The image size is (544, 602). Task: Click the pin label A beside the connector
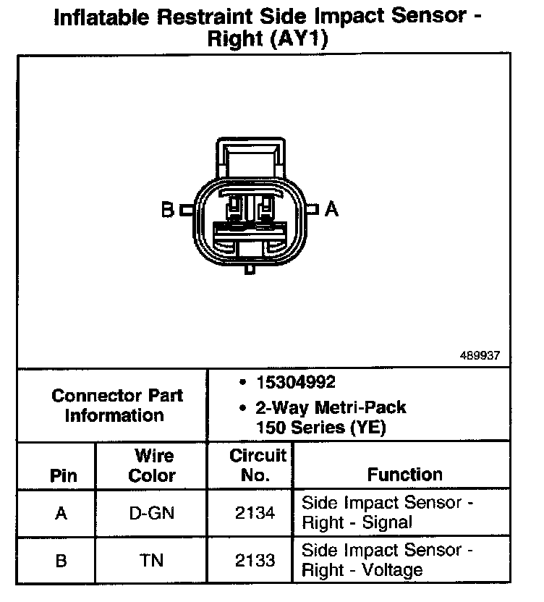coord(331,209)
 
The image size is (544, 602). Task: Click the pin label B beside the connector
coord(167,210)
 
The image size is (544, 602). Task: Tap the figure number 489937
coord(480,355)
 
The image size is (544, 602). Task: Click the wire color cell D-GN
coord(152,513)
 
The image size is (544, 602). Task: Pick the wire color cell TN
coord(152,560)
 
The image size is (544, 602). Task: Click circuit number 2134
coord(255,513)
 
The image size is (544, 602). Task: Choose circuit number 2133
coord(255,560)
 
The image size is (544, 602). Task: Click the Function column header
coord(405,475)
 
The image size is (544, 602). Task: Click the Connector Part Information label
coord(117,405)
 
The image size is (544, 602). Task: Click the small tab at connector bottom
coord(249,268)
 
